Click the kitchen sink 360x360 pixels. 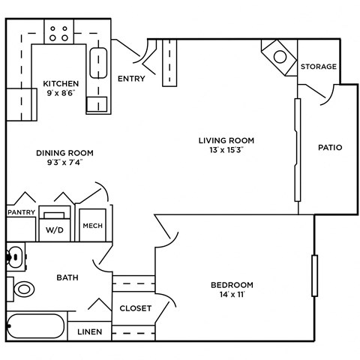pyautogui.click(x=98, y=63)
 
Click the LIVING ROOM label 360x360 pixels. pyautogui.click(x=226, y=140)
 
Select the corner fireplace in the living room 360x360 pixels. pyautogui.click(x=279, y=55)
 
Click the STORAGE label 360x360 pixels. pyautogui.click(x=318, y=67)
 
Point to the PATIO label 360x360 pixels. pyautogui.click(x=330, y=148)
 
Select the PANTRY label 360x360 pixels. pyautogui.click(x=21, y=212)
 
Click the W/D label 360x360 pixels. pyautogui.click(x=55, y=229)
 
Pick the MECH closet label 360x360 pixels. pyautogui.click(x=92, y=225)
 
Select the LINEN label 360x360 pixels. pyautogui.click(x=89, y=331)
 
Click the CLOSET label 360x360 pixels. pyautogui.click(x=136, y=308)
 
